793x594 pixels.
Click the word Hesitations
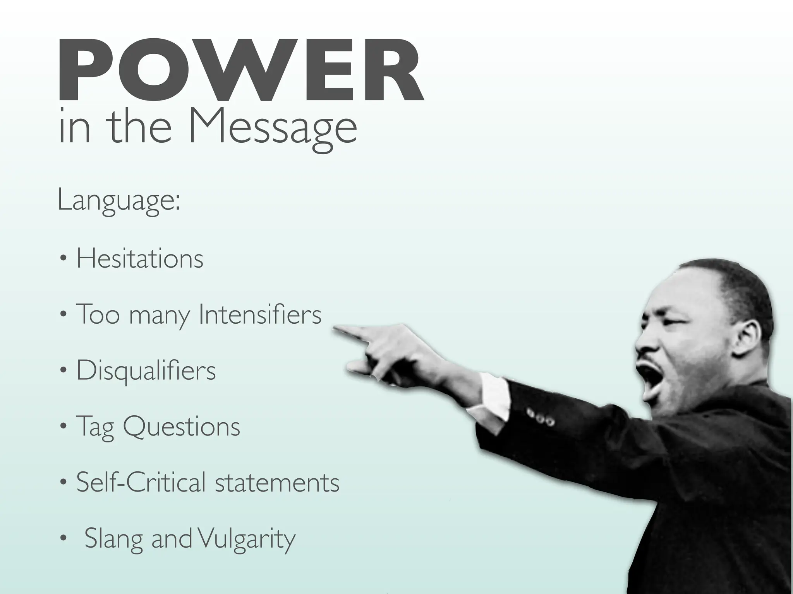click(140, 258)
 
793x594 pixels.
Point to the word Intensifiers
click(259, 314)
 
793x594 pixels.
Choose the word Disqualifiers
click(146, 370)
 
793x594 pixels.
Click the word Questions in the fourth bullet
click(181, 426)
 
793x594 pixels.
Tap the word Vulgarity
click(245, 538)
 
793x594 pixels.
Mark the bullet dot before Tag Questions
click(64, 427)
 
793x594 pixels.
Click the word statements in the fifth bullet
click(277, 482)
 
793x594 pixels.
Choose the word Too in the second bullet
click(98, 314)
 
